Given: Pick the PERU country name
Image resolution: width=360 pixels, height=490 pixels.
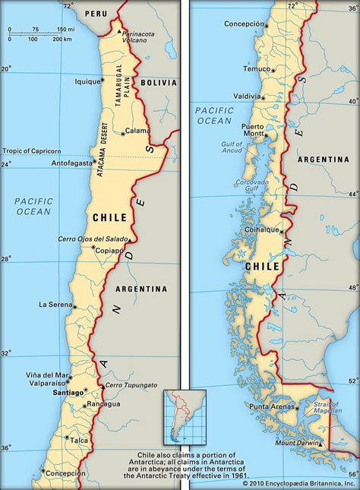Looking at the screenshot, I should pos(96,14).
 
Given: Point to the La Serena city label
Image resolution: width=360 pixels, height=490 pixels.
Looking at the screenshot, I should pos(55,305).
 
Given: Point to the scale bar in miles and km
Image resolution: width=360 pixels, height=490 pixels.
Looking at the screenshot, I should pos(38,34).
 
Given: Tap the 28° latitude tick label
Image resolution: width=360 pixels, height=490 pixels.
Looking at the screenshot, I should pos(6,259).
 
